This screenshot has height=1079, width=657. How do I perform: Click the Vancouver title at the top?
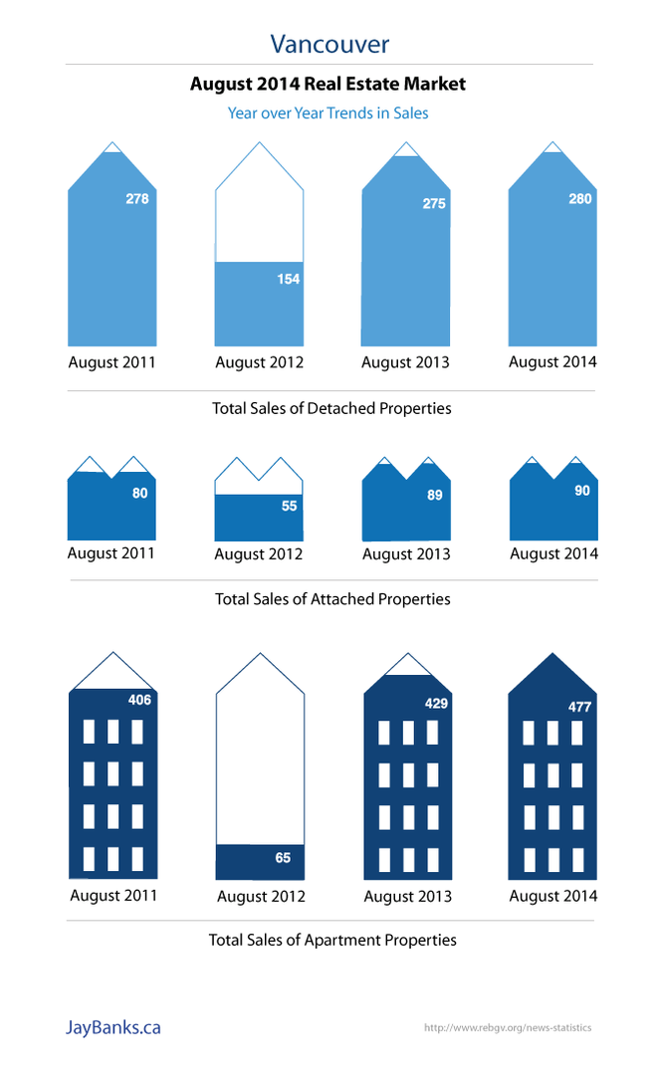tap(328, 44)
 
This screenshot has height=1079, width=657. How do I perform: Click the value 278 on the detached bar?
tap(137, 199)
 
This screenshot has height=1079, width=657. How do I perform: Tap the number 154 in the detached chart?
tap(288, 279)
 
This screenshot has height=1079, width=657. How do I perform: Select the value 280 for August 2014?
tap(580, 199)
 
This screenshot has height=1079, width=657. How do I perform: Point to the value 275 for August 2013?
tap(434, 203)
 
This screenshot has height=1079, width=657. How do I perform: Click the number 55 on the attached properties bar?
tap(289, 506)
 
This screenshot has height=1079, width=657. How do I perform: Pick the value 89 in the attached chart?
tap(435, 495)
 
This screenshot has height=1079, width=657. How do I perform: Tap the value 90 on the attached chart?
tap(582, 491)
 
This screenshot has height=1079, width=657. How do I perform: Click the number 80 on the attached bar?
tap(140, 493)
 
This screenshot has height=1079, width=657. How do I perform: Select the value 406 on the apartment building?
tap(139, 700)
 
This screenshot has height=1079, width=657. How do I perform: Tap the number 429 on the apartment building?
tap(436, 703)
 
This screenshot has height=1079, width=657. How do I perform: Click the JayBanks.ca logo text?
tap(112, 1027)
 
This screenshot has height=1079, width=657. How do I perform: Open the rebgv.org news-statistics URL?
tap(507, 1027)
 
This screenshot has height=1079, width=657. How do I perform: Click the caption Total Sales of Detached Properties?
tap(331, 408)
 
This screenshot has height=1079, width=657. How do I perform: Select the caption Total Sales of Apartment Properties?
tap(332, 940)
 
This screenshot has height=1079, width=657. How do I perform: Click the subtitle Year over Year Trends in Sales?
tap(328, 113)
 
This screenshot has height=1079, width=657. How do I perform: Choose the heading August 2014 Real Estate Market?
tap(328, 85)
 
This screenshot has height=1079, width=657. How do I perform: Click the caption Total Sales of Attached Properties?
tap(332, 599)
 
